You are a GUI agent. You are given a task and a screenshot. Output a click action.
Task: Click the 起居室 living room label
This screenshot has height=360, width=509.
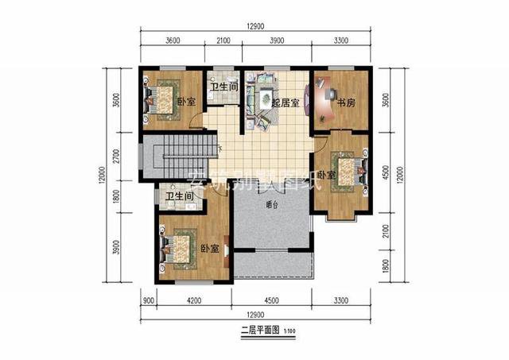(285, 103)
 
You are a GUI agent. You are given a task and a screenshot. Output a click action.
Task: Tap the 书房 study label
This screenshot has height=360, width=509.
(345, 103)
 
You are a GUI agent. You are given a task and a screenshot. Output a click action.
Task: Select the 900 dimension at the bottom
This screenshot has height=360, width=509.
(147, 300)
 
